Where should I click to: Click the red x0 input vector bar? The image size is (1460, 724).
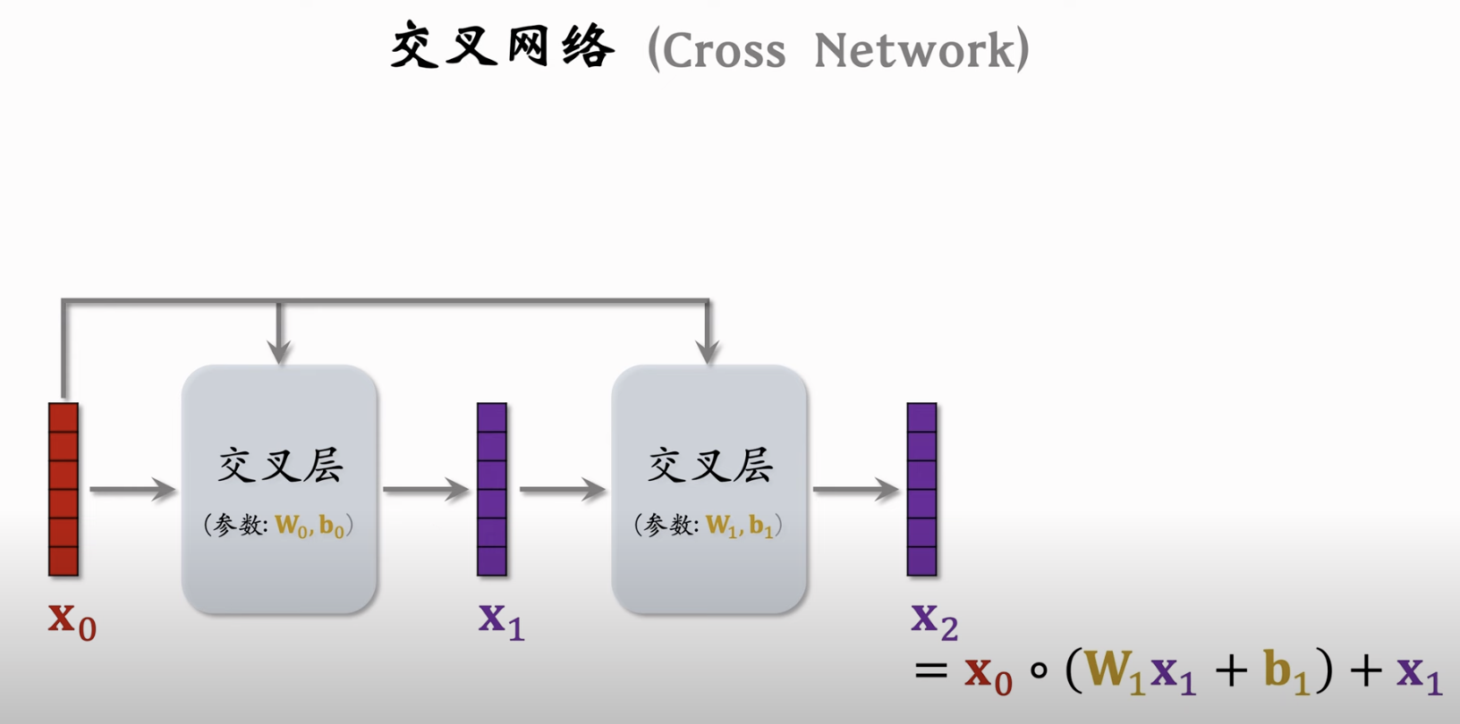point(64,489)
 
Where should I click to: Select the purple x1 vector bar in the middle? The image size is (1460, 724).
point(492,489)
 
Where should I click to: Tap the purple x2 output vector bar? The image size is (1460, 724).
point(921,489)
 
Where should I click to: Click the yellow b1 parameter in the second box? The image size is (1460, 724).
point(760,526)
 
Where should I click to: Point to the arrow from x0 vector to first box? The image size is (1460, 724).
point(132,489)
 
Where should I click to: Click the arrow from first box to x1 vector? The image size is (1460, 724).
point(426,489)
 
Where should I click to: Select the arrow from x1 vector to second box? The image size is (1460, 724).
point(563,489)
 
